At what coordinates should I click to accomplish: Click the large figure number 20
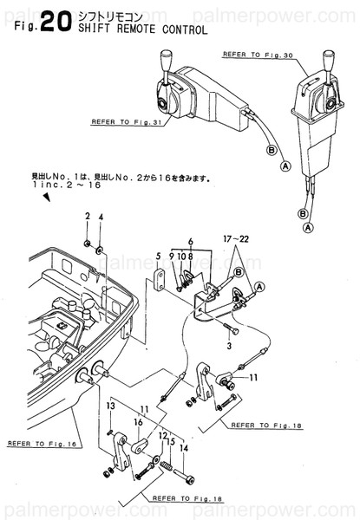(49, 23)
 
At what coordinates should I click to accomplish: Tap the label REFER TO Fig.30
(259, 54)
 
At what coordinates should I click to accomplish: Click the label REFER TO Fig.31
(126, 121)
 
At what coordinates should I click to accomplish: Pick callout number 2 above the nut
(88, 215)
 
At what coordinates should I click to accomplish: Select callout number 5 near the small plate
(159, 256)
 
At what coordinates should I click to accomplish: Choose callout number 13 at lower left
(111, 406)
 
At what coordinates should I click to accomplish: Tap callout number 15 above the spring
(172, 442)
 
